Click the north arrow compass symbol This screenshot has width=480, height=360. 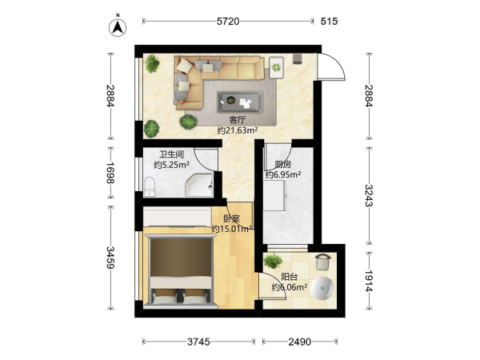[x=118, y=27]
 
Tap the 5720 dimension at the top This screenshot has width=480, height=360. [x=228, y=22]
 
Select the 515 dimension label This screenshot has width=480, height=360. [x=329, y=22]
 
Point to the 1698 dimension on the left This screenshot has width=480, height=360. [x=110, y=173]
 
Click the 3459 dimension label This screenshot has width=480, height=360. [x=110, y=258]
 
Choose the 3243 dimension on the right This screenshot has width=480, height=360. [x=369, y=196]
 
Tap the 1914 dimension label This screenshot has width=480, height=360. [x=369, y=281]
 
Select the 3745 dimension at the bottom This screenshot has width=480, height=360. [x=198, y=342]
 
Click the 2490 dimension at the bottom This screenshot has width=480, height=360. [x=300, y=342]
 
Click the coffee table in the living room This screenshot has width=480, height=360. [x=240, y=102]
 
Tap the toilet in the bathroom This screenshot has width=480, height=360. [x=150, y=186]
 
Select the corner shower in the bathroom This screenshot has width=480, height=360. [x=199, y=185]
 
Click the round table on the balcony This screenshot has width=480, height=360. [x=322, y=288]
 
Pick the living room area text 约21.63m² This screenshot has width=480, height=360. [x=238, y=130]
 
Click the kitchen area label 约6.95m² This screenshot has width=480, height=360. [x=283, y=174]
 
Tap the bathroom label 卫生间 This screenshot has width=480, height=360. [x=171, y=154]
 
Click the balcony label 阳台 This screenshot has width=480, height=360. [x=290, y=277]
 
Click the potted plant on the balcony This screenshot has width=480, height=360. [x=273, y=262]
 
